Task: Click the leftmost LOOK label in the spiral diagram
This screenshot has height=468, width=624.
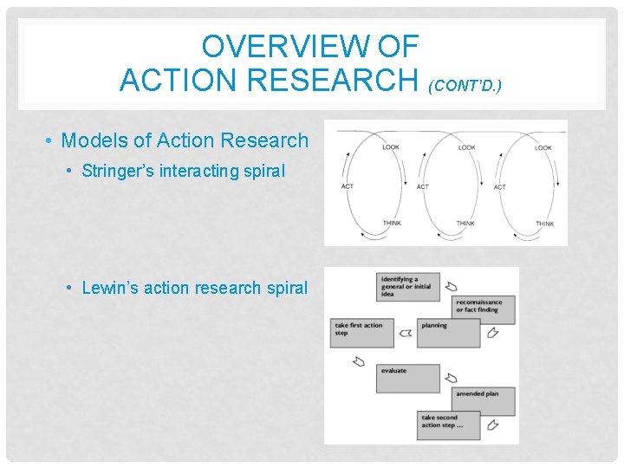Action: pos(391,147)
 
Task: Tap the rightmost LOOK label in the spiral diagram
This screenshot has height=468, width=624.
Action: pos(543,147)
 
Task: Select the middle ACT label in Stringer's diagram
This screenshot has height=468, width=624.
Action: pos(423,187)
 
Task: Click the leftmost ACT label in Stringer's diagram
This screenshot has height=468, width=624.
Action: pos(348,187)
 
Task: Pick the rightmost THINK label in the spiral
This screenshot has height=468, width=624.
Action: pos(544,224)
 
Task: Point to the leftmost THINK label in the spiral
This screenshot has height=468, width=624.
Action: pos(392,224)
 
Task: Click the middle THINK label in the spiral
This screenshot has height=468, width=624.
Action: pos(466,224)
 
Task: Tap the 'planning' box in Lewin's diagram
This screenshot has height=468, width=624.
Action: pos(448,333)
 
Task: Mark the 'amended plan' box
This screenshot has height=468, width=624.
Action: pos(483,401)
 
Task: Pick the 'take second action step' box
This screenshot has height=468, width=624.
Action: pos(448,426)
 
